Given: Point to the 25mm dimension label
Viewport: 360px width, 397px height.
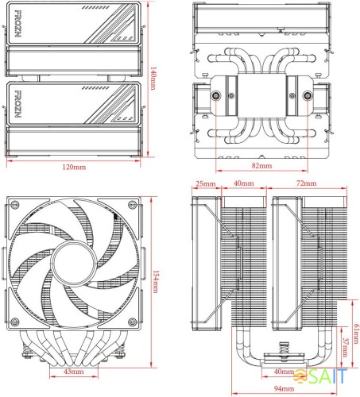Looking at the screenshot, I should [205, 183].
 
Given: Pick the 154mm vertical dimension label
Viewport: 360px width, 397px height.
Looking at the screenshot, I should [157, 278].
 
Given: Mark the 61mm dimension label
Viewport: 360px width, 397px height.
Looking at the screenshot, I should [355, 334].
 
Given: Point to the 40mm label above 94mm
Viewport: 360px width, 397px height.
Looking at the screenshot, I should [284, 372].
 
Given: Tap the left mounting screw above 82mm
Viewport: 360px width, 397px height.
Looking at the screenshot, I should [217, 98].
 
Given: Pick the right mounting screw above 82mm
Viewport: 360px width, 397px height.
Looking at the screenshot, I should [309, 98].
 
